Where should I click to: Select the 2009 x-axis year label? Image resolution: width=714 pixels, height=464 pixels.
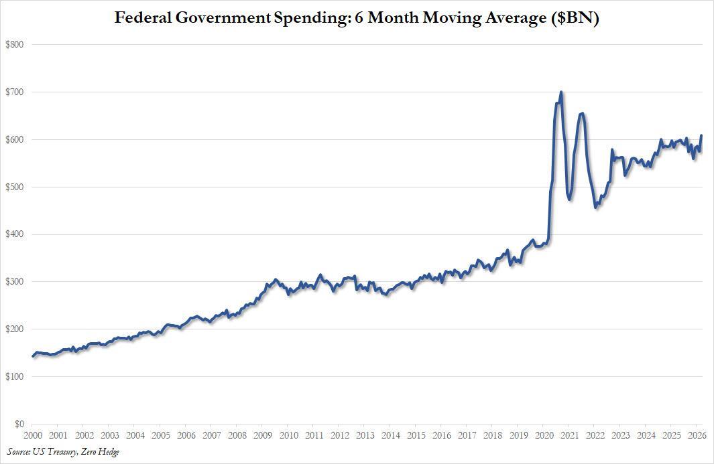(263, 435)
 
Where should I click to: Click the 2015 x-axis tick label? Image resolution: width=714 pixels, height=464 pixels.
(416, 435)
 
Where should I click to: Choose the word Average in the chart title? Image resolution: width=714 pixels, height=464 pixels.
(513, 18)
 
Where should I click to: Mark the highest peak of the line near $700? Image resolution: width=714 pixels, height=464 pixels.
(561, 92)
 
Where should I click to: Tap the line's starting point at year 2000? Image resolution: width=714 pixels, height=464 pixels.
(33, 356)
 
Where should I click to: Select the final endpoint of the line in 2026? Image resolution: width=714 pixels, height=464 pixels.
(701, 136)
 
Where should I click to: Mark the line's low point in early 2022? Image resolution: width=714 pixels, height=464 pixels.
(596, 208)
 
